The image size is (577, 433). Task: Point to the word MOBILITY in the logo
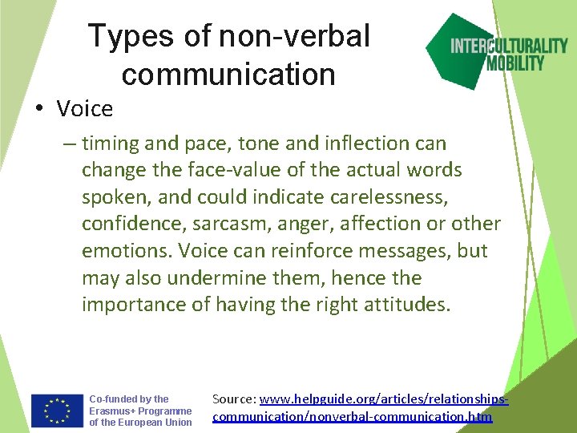(x=515, y=63)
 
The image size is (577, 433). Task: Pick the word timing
(x=111, y=144)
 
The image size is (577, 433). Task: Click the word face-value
(x=209, y=171)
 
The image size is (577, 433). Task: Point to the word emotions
(x=126, y=251)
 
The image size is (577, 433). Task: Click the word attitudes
(x=407, y=305)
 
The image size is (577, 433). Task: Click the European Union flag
(x=57, y=411)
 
